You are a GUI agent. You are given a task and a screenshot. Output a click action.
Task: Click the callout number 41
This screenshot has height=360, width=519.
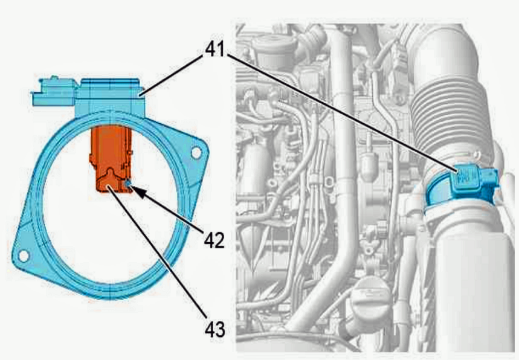point(215,50)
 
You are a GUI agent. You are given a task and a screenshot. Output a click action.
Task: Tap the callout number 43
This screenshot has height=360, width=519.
point(214,329)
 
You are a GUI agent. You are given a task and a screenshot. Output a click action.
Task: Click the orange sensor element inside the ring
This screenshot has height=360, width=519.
point(111,158)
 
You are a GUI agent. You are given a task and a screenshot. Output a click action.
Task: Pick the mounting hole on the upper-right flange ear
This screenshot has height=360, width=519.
point(196,153)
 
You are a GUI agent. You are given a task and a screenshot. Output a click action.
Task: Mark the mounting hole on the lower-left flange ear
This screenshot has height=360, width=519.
point(23,256)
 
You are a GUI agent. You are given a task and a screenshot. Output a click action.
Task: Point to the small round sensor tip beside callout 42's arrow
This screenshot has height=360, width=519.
point(127,183)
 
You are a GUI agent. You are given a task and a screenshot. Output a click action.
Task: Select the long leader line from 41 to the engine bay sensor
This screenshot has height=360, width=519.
point(343,114)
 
